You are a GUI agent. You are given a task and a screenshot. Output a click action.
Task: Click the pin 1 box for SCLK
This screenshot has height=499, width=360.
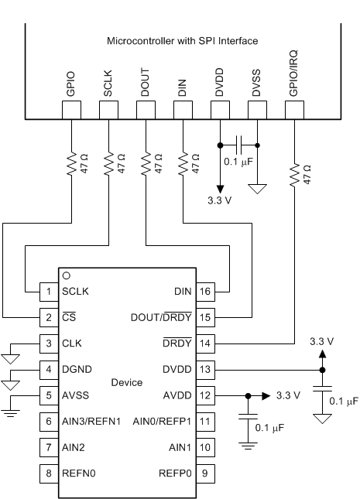click(x=48, y=291)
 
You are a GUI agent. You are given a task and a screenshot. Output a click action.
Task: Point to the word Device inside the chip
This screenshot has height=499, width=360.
click(x=126, y=382)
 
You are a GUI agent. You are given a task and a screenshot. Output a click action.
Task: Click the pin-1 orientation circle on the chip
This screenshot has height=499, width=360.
click(x=67, y=275)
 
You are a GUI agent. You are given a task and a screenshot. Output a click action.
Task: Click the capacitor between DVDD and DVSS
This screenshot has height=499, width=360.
click(x=239, y=145)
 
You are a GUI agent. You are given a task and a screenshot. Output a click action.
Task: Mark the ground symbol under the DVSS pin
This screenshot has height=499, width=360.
click(x=258, y=188)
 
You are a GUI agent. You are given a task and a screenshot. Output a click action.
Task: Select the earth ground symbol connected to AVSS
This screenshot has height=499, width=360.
click(x=10, y=413)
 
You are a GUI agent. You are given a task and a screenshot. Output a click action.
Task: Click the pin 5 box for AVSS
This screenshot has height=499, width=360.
click(x=48, y=395)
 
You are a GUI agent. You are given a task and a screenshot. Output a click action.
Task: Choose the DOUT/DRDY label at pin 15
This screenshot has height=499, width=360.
click(x=162, y=317)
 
